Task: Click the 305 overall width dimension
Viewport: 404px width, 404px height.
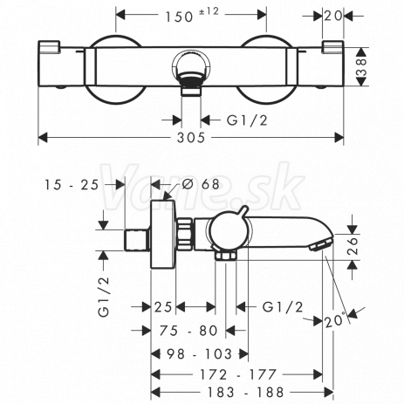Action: pyautogui.click(x=191, y=137)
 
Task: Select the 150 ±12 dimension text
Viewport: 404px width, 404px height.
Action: pyautogui.click(x=192, y=15)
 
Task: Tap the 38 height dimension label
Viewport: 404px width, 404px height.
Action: pyautogui.click(x=361, y=67)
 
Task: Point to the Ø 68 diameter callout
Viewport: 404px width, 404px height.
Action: pyautogui.click(x=201, y=184)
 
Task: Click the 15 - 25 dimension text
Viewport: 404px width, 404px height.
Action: pyautogui.click(x=72, y=185)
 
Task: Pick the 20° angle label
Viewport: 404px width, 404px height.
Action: pyautogui.click(x=334, y=320)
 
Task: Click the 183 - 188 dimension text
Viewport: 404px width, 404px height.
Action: pyautogui.click(x=245, y=393)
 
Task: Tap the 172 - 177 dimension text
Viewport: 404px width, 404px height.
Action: pyautogui.click(x=238, y=374)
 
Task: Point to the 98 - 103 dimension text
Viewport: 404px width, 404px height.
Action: pyautogui.click(x=200, y=354)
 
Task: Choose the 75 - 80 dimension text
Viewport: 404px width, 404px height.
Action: pyautogui.click(x=188, y=331)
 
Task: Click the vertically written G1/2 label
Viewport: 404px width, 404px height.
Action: pyautogui.click(x=104, y=296)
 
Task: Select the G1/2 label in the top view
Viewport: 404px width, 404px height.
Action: pyautogui.click(x=247, y=120)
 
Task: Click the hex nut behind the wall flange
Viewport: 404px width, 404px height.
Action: pyautogui.click(x=184, y=234)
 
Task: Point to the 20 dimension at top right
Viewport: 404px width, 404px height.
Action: pyautogui.click(x=333, y=16)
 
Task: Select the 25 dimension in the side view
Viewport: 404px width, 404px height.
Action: pyautogui.click(x=163, y=307)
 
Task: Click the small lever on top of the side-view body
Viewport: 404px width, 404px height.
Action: pyautogui.click(x=243, y=211)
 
